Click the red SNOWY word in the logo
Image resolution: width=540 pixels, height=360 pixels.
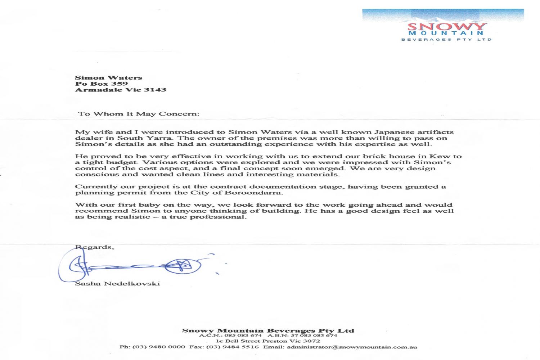447,27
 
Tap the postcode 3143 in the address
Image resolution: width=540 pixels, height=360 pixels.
155,90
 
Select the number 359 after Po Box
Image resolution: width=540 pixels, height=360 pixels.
119,84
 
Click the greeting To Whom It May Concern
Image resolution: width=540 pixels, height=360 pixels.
139,114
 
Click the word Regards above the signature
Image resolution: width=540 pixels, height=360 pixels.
94,247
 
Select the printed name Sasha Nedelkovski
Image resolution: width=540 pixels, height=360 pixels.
117,284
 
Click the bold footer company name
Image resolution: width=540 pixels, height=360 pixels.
268,330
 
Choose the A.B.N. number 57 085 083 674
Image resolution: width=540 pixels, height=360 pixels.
314,336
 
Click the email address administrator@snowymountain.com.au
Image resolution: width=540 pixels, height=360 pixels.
352,347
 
